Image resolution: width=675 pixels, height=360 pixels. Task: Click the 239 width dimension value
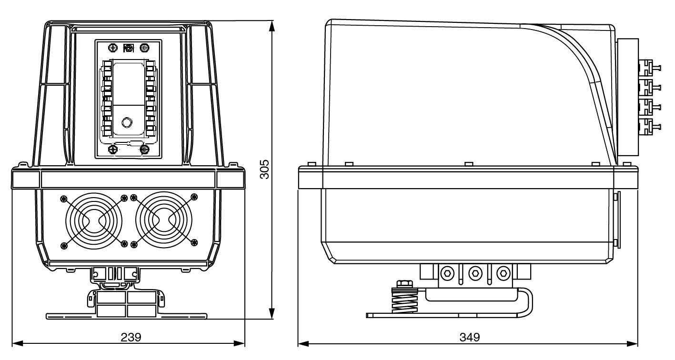point(131,337)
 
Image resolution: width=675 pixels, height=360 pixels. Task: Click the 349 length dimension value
point(469,337)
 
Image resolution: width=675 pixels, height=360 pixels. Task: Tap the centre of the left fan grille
point(94,220)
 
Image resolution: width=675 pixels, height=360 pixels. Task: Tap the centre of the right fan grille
point(163,220)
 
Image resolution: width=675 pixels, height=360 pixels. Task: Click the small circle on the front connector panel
point(127,123)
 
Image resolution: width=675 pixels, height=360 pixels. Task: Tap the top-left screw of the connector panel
point(113,48)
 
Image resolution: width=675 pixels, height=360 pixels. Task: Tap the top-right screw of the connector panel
point(144,48)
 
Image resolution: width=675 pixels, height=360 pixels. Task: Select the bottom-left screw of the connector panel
point(113,150)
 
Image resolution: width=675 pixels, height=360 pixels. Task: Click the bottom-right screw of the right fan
point(194,243)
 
